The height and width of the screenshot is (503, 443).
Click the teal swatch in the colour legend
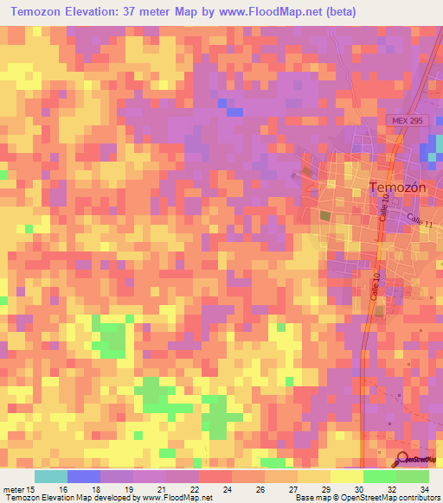[x=51, y=476]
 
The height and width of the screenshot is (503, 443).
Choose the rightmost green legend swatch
[x=413, y=476]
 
